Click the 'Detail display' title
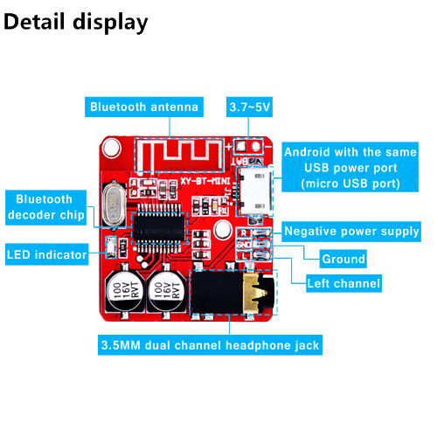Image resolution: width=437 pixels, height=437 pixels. click(x=76, y=22)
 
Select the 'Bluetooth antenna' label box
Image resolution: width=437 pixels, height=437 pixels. click(x=144, y=108)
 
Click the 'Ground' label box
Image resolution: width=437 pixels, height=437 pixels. click(x=343, y=259)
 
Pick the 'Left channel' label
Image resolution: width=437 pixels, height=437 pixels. click(x=343, y=283)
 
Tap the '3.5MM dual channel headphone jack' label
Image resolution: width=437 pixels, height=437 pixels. click(x=210, y=344)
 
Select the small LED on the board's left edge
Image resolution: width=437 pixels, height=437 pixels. click(x=110, y=246)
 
